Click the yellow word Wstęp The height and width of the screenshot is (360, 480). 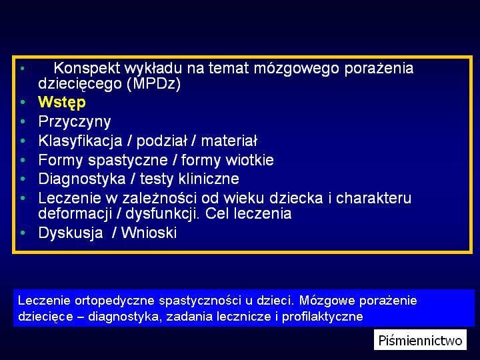pos(62,103)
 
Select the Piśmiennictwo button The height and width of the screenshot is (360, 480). pos(420,340)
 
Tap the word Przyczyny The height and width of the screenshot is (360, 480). pos(75,122)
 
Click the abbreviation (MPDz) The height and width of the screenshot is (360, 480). pos(154,83)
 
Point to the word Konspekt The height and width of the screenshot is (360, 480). pos(87,68)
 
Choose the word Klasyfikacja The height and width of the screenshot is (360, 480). pos(80,141)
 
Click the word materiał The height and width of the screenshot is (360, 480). pos(229,141)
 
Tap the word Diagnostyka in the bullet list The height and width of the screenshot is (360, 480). pos(82,179)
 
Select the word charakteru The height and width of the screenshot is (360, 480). pos(373,198)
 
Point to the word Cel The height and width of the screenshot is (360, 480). pos(217,213)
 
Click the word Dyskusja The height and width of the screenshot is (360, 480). pos(71,233)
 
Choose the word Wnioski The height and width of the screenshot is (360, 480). pos(149,233)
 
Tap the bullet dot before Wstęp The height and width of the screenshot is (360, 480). pos(23,102)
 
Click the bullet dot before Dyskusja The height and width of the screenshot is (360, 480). pos(23,233)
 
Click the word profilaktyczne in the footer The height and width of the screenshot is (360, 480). pos(322,317)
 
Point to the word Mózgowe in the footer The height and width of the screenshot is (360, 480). pos(327,301)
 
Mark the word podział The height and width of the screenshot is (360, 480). pos(161,141)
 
